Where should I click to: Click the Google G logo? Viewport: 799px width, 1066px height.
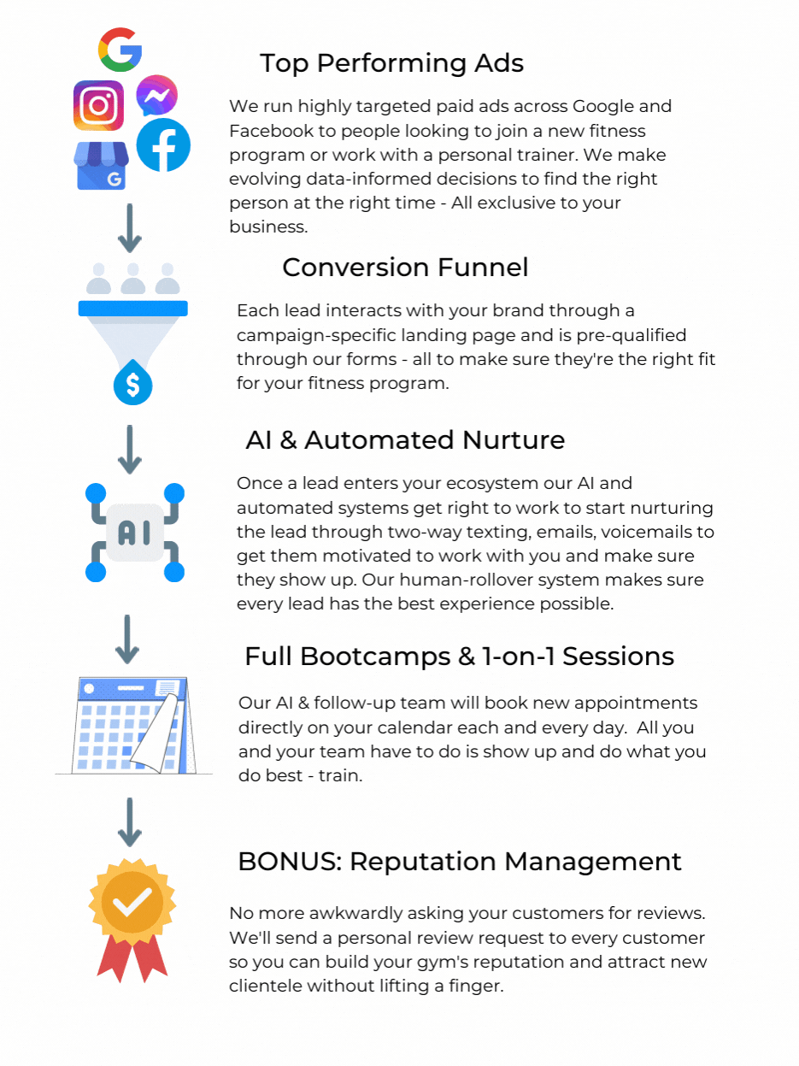(x=120, y=49)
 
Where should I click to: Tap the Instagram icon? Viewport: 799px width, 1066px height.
(x=98, y=105)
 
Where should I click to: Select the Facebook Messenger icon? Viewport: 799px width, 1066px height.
(x=156, y=96)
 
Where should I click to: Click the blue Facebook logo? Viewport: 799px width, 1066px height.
(x=163, y=144)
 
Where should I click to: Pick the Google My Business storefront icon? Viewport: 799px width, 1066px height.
(x=101, y=166)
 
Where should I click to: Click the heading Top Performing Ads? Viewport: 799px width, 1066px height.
(x=391, y=63)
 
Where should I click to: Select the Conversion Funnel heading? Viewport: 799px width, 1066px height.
(x=405, y=268)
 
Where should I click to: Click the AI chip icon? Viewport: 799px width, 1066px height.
(x=134, y=533)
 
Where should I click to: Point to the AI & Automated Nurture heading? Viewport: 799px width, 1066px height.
(x=405, y=440)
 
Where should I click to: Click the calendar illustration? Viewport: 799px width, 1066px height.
(x=134, y=725)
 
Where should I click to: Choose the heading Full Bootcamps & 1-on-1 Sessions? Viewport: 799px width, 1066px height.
(x=459, y=657)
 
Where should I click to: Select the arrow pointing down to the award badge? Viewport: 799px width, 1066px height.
(x=129, y=822)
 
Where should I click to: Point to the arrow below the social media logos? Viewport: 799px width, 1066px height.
(x=129, y=228)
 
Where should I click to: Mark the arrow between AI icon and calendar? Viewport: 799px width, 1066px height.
(x=127, y=639)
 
